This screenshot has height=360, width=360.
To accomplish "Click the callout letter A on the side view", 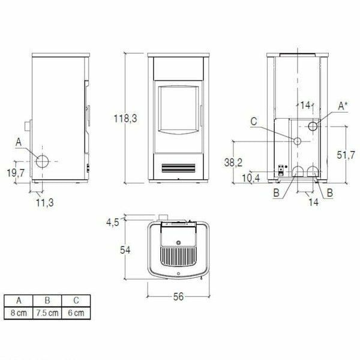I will click(20, 142).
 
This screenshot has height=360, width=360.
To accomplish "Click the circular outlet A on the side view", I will click(44, 161).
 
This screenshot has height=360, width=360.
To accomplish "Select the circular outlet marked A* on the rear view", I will click(313, 127).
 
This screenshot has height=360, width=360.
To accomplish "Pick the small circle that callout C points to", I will click(297, 140).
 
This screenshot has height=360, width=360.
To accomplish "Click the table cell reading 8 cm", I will click(20, 313).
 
